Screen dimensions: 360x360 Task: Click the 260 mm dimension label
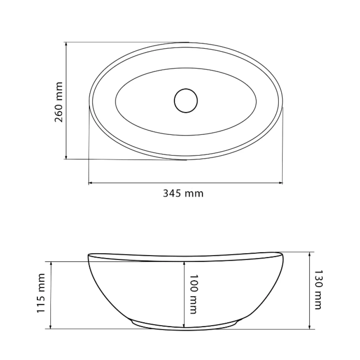[58, 102]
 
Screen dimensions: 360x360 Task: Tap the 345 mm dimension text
[183, 194]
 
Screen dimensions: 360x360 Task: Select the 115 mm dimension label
[41, 293]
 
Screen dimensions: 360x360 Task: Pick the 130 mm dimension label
[318, 290]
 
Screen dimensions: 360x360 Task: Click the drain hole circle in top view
[186, 100]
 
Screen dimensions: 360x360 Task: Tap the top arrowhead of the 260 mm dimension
[66, 44]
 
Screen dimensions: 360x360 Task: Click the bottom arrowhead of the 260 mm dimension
[66, 157]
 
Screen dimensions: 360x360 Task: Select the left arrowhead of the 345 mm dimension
[91, 183]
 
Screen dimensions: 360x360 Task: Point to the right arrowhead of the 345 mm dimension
[280, 183]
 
